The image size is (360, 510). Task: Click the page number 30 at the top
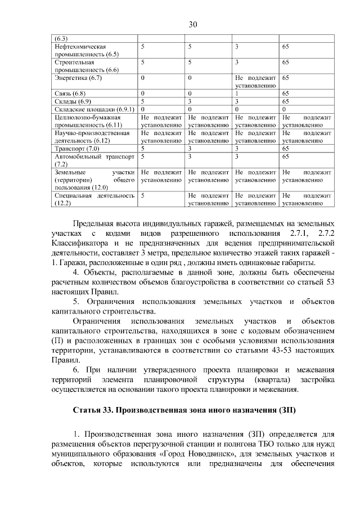[193, 25]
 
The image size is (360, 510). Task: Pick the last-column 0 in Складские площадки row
[284, 109]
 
